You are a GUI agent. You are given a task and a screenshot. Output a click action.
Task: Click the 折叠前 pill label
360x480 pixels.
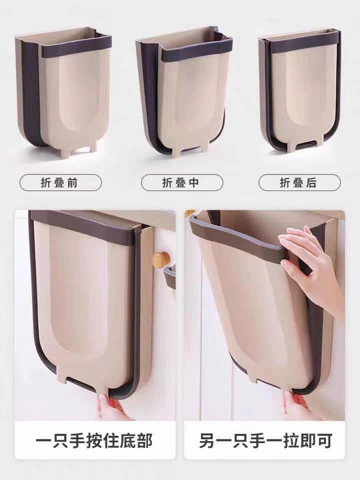coord(60,182)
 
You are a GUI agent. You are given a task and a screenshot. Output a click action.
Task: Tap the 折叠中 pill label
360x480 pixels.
coord(181,182)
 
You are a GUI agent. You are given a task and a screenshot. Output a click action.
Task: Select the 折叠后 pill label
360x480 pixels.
coord(299,182)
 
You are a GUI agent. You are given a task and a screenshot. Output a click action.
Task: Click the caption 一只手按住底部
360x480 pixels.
coord(94,441)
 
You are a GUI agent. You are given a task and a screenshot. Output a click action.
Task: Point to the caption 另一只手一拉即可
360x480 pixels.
coord(265,441)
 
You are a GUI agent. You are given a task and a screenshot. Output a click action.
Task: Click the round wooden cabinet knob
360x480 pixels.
coord(161,260)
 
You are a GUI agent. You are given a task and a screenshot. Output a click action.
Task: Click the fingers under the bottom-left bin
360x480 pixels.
coord(109,406)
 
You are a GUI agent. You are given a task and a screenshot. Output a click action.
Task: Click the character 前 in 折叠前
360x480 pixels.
coord(73,182)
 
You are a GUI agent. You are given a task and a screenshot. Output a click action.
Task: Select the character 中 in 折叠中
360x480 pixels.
coord(194,182)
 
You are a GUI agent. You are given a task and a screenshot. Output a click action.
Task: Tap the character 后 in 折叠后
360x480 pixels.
coord(312,182)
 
